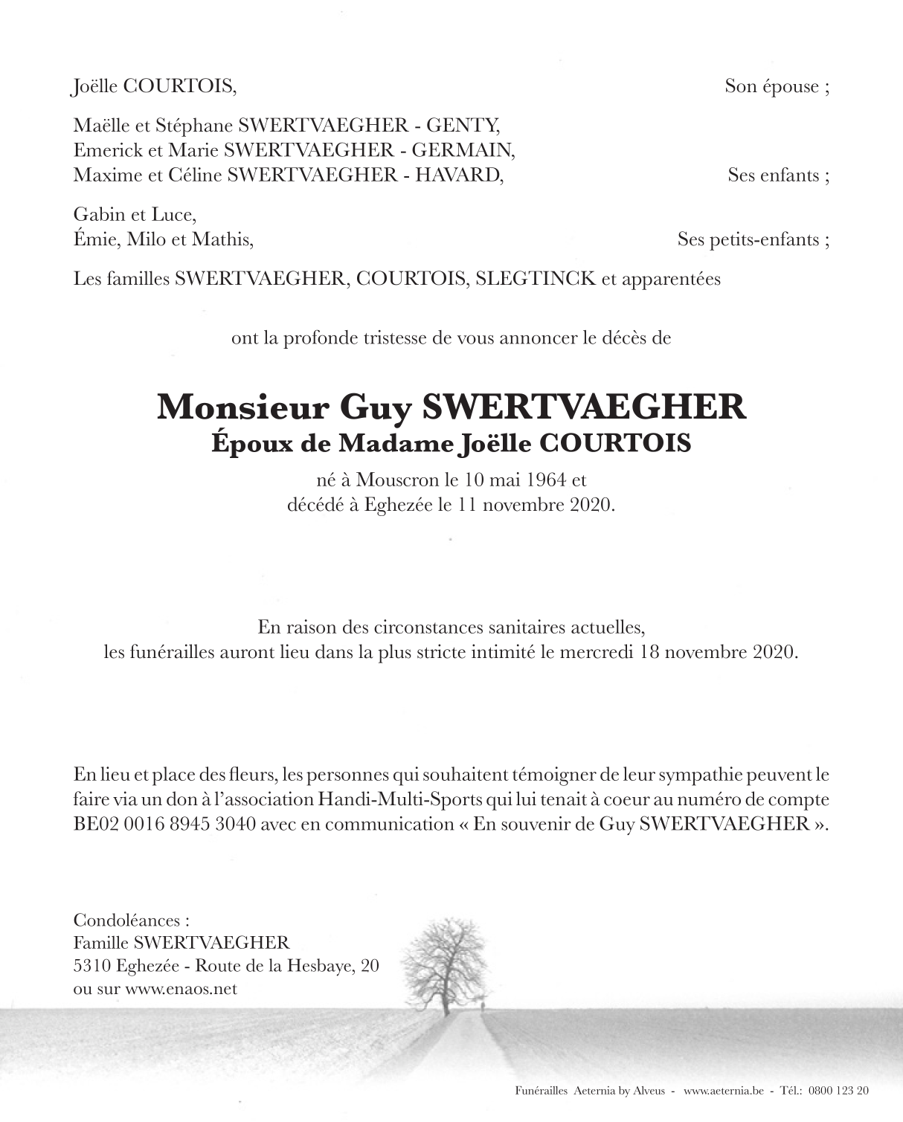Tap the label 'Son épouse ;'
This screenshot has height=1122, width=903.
point(777,86)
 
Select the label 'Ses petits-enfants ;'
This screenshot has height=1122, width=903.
point(753,239)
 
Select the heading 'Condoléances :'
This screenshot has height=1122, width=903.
point(126,920)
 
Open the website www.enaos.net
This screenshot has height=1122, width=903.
point(181,989)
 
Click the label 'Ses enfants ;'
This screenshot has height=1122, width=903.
point(778,175)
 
